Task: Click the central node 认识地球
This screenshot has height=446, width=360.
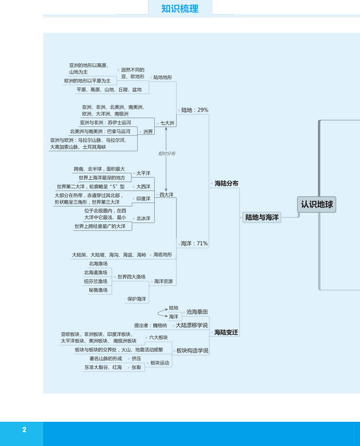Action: coord(317,205)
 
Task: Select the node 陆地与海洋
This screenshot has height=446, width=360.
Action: coord(262,218)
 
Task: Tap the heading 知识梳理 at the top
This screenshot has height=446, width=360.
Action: coord(180,8)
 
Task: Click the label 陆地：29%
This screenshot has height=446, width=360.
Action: coord(195,110)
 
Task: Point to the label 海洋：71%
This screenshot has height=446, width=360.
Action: coord(194,243)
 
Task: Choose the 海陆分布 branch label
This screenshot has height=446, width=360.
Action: coord(226,183)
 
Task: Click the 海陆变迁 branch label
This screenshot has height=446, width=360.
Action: coord(226,332)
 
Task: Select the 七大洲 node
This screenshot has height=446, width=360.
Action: coord(167,123)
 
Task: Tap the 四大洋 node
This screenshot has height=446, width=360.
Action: coord(166,195)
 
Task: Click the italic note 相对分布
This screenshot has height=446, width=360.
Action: coord(167,154)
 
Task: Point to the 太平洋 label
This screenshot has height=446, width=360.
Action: coord(143,173)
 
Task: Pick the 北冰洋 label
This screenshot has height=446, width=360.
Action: coord(143,218)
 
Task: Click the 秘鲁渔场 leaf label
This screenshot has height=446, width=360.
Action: coord(98,290)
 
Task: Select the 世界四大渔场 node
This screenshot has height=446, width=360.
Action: coord(131,277)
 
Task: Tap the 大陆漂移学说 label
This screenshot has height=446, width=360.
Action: coord(191,325)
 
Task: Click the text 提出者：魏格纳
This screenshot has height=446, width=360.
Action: coord(150,325)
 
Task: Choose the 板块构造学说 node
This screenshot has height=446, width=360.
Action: coord(192,350)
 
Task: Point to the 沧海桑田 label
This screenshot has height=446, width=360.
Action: coord(197,312)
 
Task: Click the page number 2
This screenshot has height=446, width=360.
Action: coord(24,430)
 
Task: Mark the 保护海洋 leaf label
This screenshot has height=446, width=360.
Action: coord(137,299)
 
